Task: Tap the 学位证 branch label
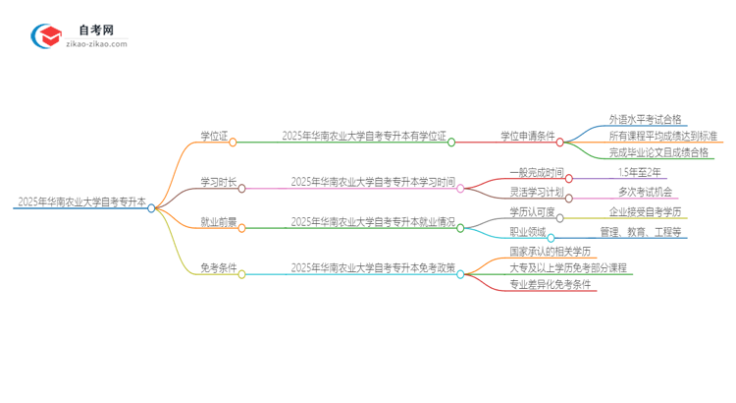tap(214, 136)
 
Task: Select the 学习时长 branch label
tap(218, 182)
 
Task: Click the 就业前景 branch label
tap(218, 222)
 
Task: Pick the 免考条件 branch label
tap(218, 267)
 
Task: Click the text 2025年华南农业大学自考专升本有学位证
tap(363, 136)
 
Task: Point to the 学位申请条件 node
tap(527, 136)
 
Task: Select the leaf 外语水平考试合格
tap(645, 119)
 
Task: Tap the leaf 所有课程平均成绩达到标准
tap(662, 136)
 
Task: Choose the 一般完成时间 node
tap(537, 172)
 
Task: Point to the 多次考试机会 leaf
tap(651, 191)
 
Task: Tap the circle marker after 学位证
tap(233, 143)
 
